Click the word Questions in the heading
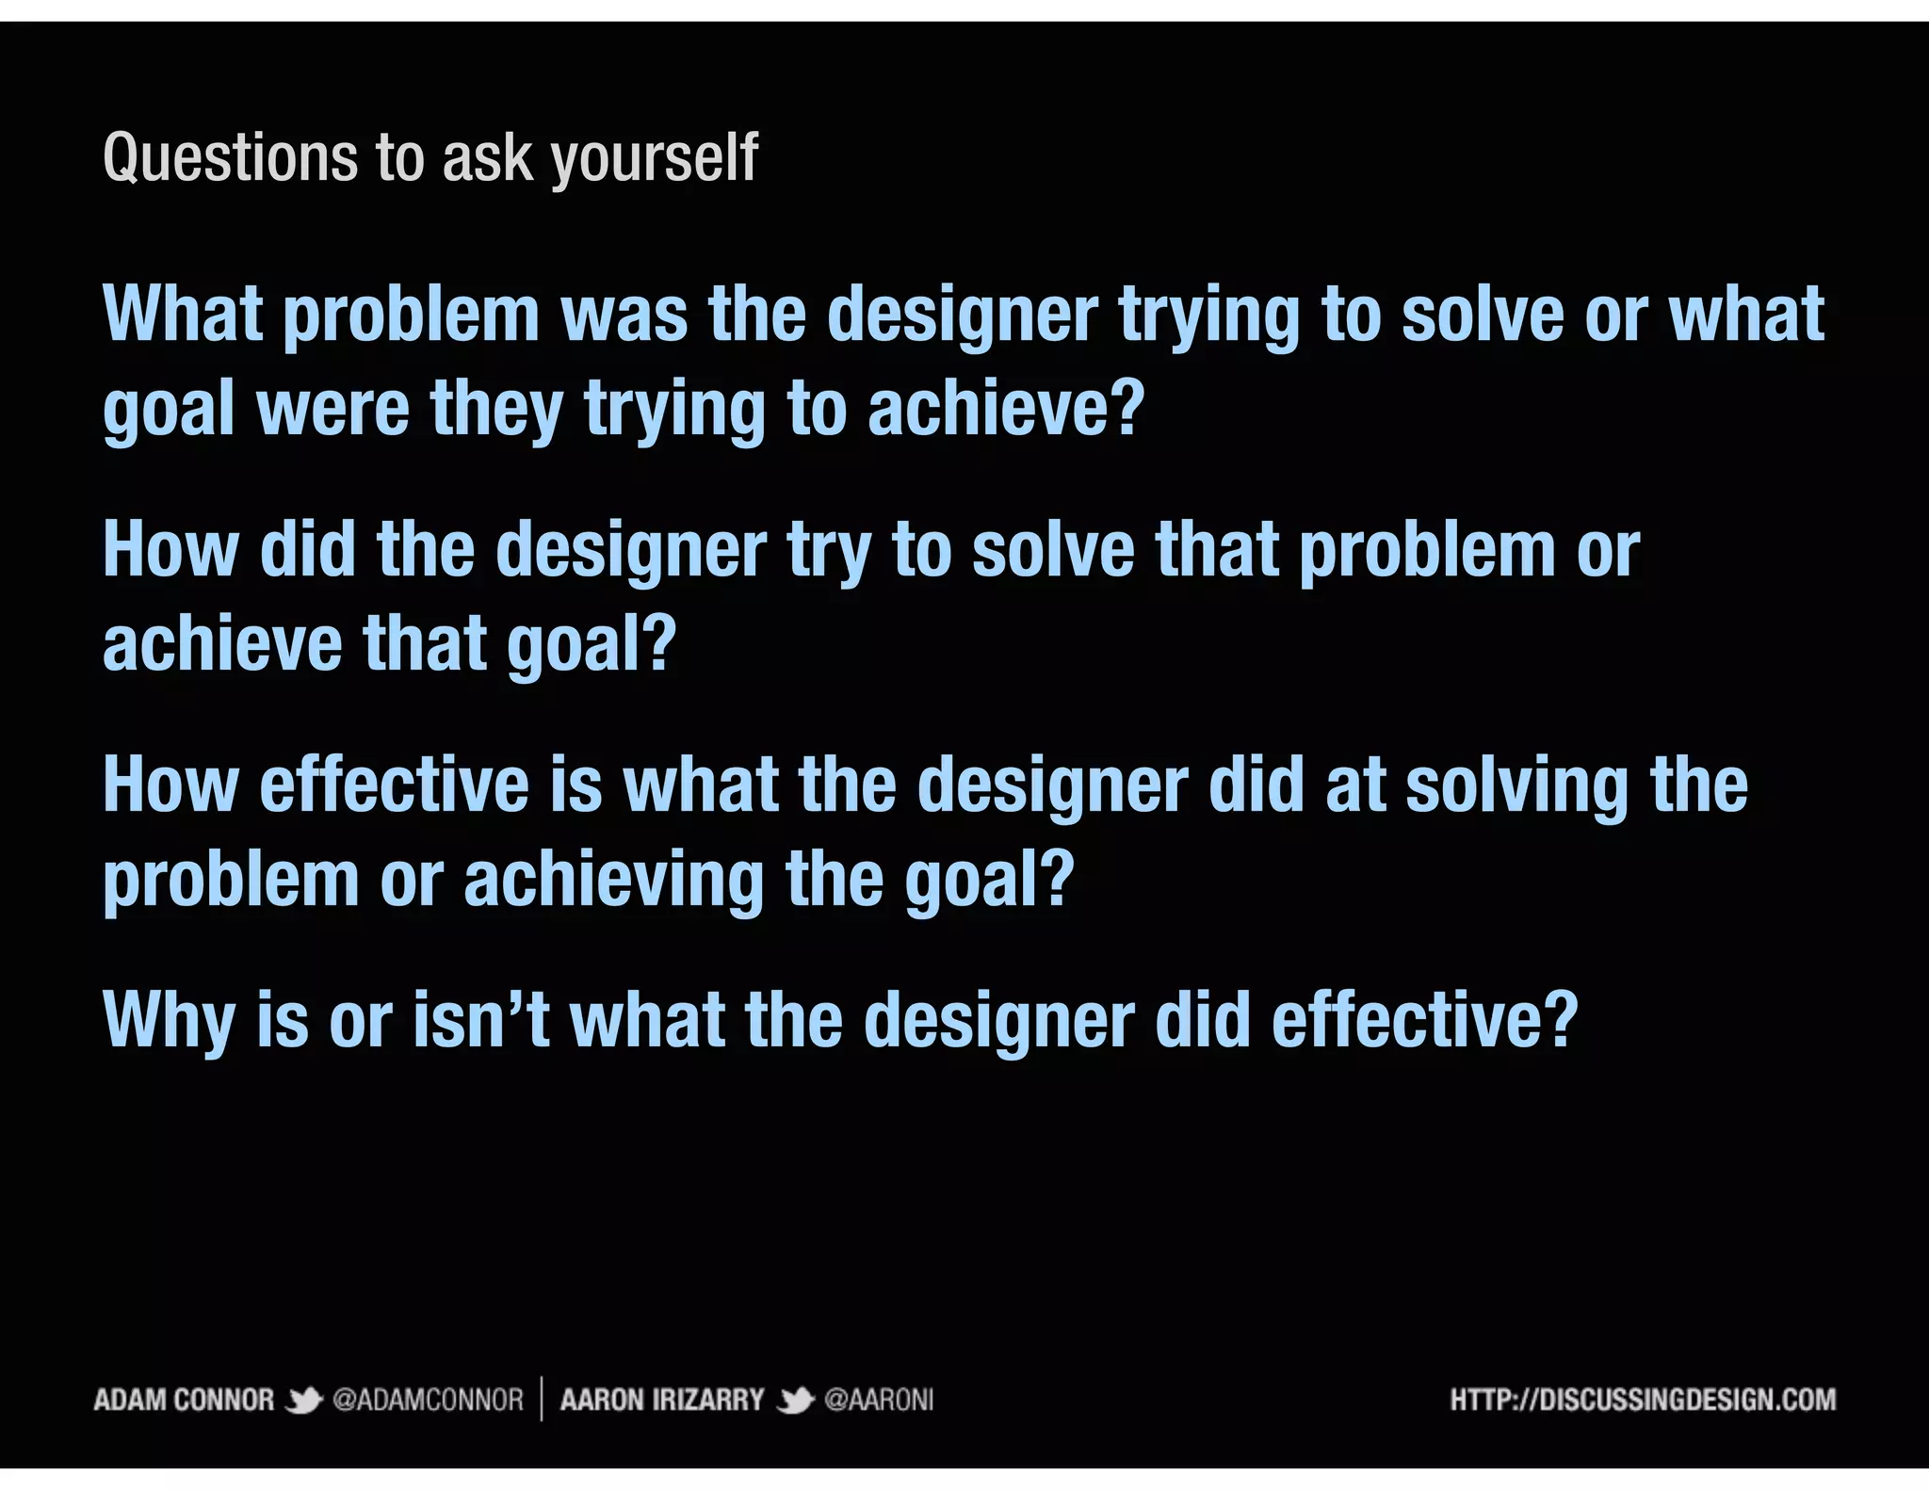230,157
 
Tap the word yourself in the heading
655,157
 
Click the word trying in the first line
1209,317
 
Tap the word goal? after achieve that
592,645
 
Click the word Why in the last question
169,1022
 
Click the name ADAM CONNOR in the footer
184,1400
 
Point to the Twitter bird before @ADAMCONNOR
303,1401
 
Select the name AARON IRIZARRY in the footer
661,1400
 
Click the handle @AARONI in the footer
879,1400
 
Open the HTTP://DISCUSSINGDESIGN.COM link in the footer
1643,1400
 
